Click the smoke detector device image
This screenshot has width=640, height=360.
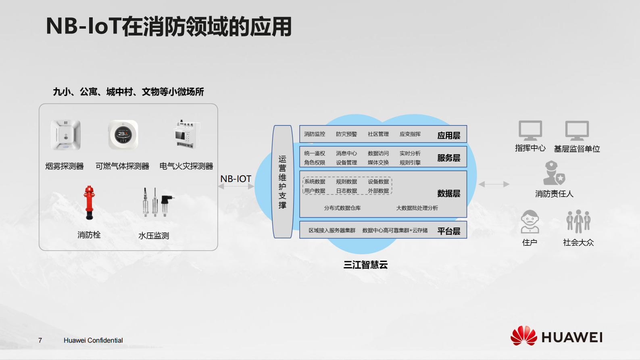[x=66, y=135]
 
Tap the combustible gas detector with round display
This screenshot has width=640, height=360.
[x=123, y=135]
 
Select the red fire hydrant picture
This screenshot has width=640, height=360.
[x=89, y=203]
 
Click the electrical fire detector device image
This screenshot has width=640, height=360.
[x=186, y=134]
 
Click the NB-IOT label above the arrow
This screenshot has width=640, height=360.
[x=236, y=179]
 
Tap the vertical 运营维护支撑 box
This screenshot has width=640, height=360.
[x=282, y=182]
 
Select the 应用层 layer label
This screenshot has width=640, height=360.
[x=448, y=136]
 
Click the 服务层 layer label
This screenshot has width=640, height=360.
[x=448, y=158]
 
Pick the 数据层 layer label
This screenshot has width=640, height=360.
[x=448, y=193]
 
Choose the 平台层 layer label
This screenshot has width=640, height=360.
[x=448, y=231]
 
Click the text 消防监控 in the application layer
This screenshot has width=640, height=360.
[x=315, y=134]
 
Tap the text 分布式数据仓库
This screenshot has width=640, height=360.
[x=342, y=208]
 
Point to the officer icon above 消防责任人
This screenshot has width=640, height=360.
[x=554, y=173]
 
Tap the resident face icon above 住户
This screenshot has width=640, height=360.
[x=530, y=222]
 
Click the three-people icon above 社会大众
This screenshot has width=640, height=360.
[x=578, y=221]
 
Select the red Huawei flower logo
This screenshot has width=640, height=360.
[x=524, y=335]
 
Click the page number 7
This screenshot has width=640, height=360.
[x=40, y=340]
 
